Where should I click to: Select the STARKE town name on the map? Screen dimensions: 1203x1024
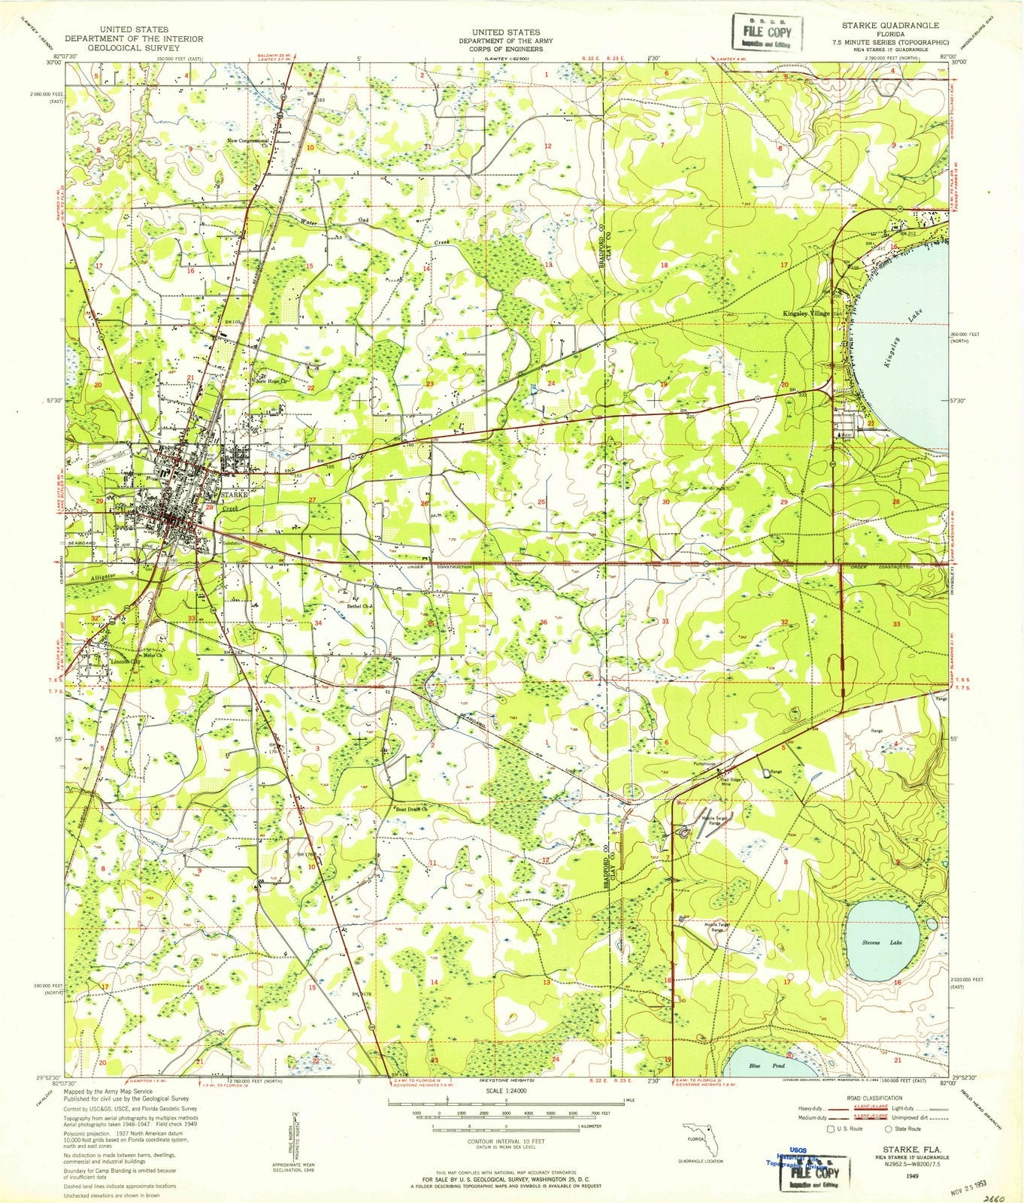pyautogui.click(x=235, y=495)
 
